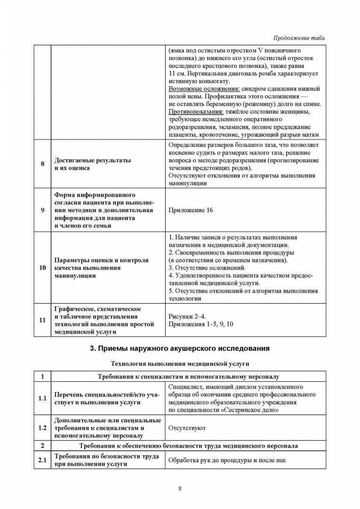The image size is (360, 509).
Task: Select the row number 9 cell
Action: click(x=42, y=210)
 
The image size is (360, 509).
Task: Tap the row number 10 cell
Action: click(x=42, y=268)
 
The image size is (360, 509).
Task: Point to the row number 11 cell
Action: click(x=42, y=320)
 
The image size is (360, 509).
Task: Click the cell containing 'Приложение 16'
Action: click(x=190, y=210)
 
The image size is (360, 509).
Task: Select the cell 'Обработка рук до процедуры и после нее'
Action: click(x=227, y=460)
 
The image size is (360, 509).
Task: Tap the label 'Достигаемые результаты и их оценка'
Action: click(x=92, y=164)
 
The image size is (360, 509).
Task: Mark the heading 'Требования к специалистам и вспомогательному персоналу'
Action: click(x=188, y=377)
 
